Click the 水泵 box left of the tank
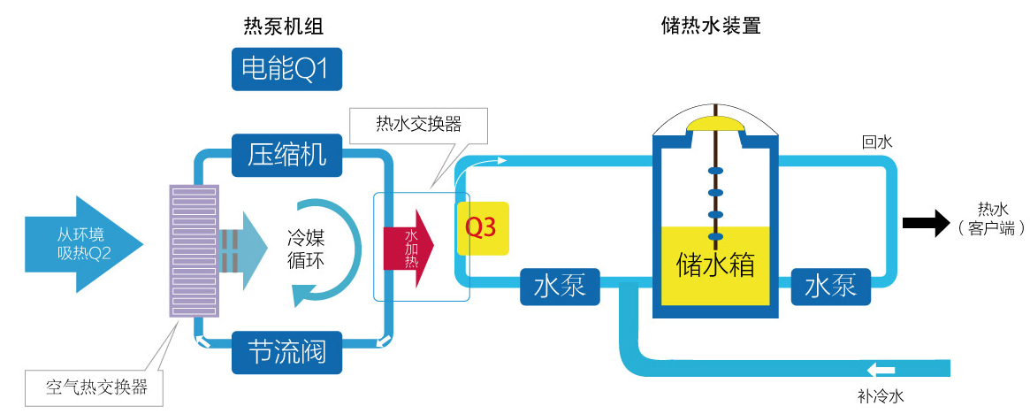coord(560,287)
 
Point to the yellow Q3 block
coord(482,228)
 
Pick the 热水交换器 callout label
coord(418,123)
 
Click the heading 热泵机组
coord(283,27)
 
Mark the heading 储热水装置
coord(711,27)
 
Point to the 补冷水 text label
coord(881,396)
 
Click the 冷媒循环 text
coord(310,249)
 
